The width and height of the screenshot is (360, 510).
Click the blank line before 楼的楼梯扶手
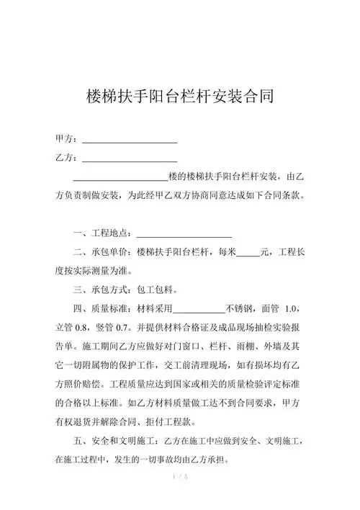point(120,177)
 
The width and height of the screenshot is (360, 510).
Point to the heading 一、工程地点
point(103,233)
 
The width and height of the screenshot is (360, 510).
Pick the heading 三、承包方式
point(103,290)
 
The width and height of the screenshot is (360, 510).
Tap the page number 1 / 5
point(180,476)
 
